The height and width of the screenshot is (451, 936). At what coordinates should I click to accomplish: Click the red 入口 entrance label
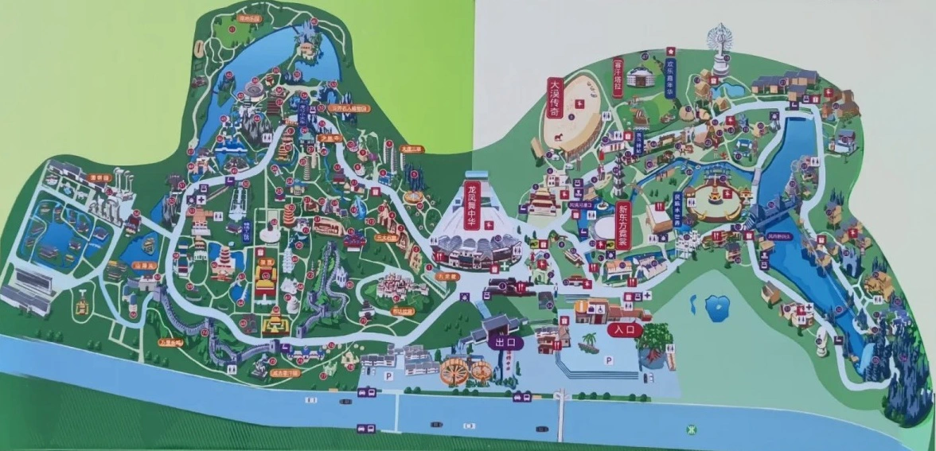click(x=623, y=328)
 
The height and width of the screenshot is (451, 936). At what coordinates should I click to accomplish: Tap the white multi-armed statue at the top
click(x=721, y=47)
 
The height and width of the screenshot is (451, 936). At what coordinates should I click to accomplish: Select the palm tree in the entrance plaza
click(x=589, y=342)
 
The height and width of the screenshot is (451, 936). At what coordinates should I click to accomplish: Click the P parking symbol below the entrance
click(x=609, y=360)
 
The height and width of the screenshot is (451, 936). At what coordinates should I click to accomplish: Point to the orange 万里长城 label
click(x=170, y=343)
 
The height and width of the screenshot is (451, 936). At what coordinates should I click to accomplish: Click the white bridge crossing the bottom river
click(x=561, y=414)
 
